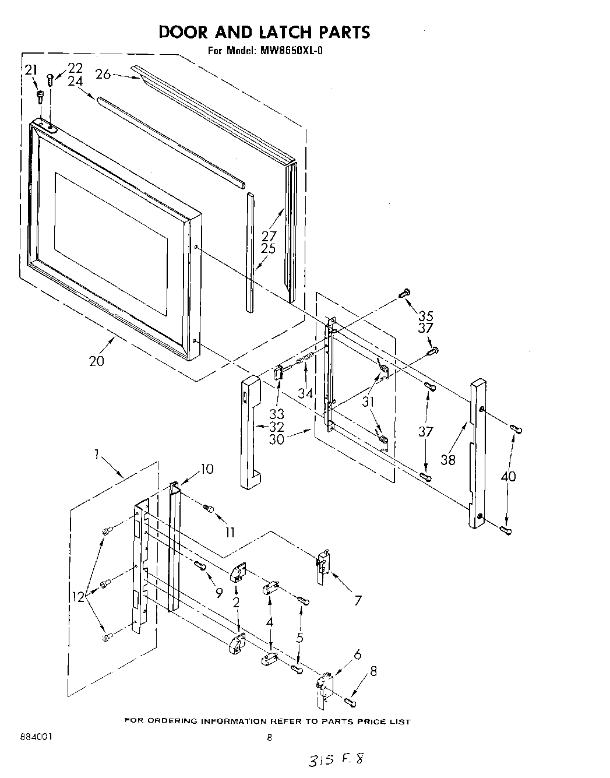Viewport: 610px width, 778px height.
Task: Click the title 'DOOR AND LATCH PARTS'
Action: pyautogui.click(x=264, y=31)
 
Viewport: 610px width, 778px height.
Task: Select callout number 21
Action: pyautogui.click(x=30, y=70)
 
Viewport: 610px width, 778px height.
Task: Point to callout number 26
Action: pyautogui.click(x=103, y=74)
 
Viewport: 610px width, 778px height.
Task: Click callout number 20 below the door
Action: pyautogui.click(x=97, y=361)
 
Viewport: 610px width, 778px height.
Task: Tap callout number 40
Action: pyautogui.click(x=507, y=476)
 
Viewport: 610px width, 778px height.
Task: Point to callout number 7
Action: pyautogui.click(x=358, y=600)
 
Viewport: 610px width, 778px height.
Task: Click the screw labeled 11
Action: pyautogui.click(x=208, y=509)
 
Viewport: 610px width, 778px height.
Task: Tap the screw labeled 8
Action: pyautogui.click(x=350, y=700)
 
